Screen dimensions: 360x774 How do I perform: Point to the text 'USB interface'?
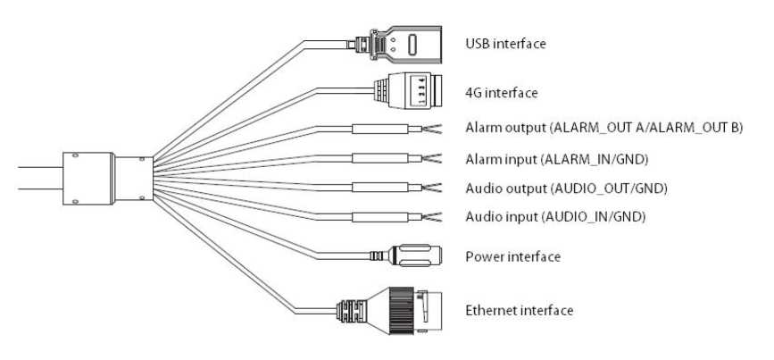click(505, 43)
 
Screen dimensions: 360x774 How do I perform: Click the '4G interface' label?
click(502, 92)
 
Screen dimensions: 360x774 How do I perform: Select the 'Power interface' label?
click(512, 257)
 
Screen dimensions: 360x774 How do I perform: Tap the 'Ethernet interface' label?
click(519, 311)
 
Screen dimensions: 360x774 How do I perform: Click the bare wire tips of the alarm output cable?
click(434, 128)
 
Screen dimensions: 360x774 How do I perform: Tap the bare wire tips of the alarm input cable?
click(434, 158)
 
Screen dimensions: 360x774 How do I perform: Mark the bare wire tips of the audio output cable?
click(434, 188)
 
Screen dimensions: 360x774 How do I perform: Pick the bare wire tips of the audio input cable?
click(434, 217)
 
